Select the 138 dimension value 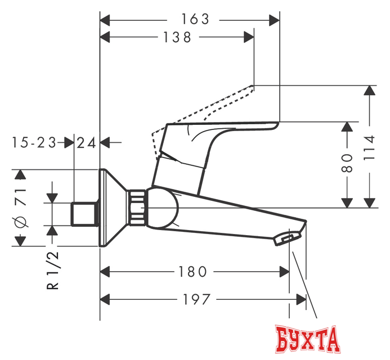coord(176,38)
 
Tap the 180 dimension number coord(192,272)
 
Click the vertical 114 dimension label coord(369,147)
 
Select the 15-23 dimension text coord(34,143)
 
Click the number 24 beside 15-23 coord(87,143)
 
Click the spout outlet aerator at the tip coord(284,240)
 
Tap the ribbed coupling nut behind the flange coord(137,208)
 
